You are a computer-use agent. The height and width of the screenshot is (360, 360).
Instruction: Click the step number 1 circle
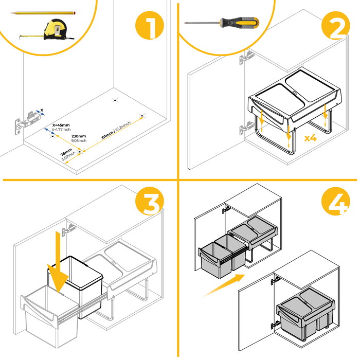149,27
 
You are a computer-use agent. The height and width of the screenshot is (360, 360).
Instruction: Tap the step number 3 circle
150,204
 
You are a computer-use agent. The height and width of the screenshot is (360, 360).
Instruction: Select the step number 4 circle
336,204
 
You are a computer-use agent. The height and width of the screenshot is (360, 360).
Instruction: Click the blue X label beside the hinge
42,110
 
